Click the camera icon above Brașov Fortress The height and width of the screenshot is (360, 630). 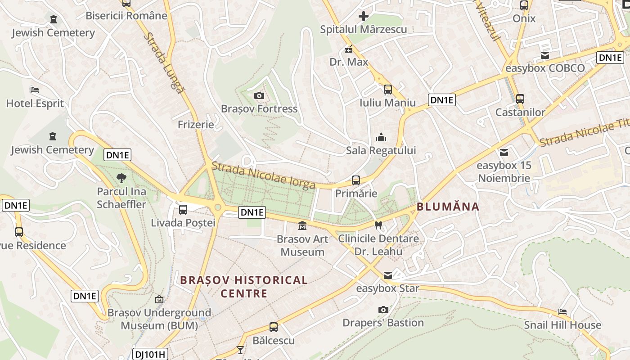pos(259,95)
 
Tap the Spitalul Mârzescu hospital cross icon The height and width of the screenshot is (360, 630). pos(363,17)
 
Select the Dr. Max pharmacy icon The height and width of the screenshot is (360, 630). pos(349,49)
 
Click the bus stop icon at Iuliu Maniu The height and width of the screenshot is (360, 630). pos(388,90)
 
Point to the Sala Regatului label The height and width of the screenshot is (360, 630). pos(381,150)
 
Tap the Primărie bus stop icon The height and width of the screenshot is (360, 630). pos(356,180)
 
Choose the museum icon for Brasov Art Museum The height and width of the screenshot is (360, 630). pos(302,225)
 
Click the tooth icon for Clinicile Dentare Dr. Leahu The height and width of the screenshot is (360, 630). pos(378,225)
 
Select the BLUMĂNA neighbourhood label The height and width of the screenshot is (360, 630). pos(448,207)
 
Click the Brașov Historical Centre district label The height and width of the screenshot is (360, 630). pos(244,287)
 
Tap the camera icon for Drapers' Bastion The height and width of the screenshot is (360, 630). pos(383,310)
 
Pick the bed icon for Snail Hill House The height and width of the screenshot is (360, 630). pos(562,311)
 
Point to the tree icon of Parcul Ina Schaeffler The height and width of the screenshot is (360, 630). pos(121,178)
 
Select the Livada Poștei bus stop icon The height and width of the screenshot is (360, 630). pos(183,209)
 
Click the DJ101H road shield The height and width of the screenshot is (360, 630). pos(150,354)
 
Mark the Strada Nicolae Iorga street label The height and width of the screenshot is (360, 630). pos(263,175)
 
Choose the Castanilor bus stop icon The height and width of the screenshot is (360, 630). pos(520,99)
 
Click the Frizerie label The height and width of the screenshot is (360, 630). pos(196,125)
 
